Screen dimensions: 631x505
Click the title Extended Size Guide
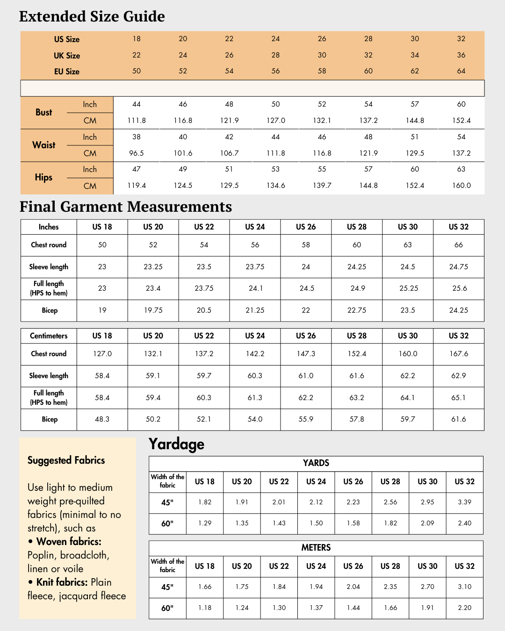pyautogui.click(x=92, y=16)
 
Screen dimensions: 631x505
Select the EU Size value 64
pyautogui.click(x=461, y=71)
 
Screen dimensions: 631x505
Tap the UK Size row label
pyautogui.click(x=67, y=56)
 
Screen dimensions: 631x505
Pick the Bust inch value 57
pyautogui.click(x=415, y=104)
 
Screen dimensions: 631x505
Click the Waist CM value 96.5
pyautogui.click(x=137, y=153)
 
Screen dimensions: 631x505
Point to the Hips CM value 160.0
pyautogui.click(x=461, y=186)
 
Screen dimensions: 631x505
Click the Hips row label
pyautogui.click(x=43, y=178)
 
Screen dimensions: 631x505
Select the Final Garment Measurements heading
pyautogui.click(x=126, y=207)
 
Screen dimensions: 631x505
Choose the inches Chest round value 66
pyautogui.click(x=459, y=245)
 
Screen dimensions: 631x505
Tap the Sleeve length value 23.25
pyautogui.click(x=153, y=267)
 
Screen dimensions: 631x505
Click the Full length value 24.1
pyautogui.click(x=255, y=288)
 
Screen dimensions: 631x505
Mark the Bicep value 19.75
pyautogui.click(x=153, y=310)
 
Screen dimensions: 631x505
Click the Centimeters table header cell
pyautogui.click(x=49, y=336)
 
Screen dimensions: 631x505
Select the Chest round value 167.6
pyautogui.click(x=459, y=354)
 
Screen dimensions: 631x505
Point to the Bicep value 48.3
pyautogui.click(x=102, y=419)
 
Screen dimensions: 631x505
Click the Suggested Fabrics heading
pyautogui.click(x=66, y=460)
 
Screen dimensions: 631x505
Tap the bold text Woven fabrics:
pyautogui.click(x=69, y=542)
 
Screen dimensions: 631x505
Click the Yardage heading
pyautogui.click(x=176, y=444)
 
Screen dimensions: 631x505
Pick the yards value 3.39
pyautogui.click(x=465, y=502)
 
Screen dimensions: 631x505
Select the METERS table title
pyautogui.click(x=316, y=548)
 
